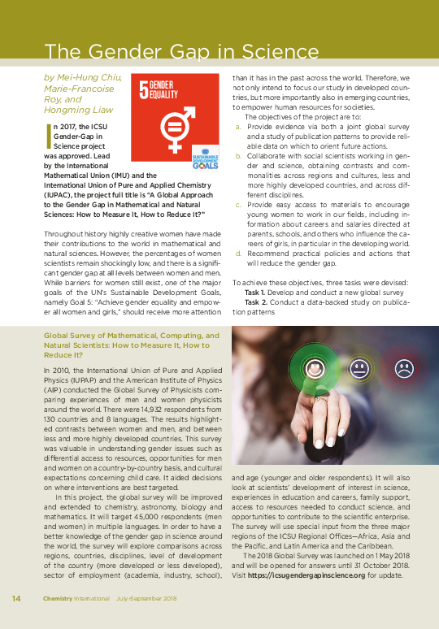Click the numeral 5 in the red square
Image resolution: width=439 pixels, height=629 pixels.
[144, 89]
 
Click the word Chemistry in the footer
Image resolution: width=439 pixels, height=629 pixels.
[59, 599]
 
